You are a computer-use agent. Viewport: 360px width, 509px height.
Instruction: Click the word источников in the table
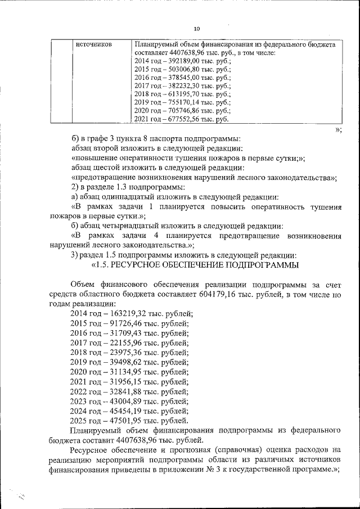(93, 44)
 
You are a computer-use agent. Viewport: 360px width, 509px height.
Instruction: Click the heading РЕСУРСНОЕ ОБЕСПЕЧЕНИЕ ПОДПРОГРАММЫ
(205, 264)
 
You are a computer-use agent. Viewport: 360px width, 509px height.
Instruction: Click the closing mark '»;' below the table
(337, 129)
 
